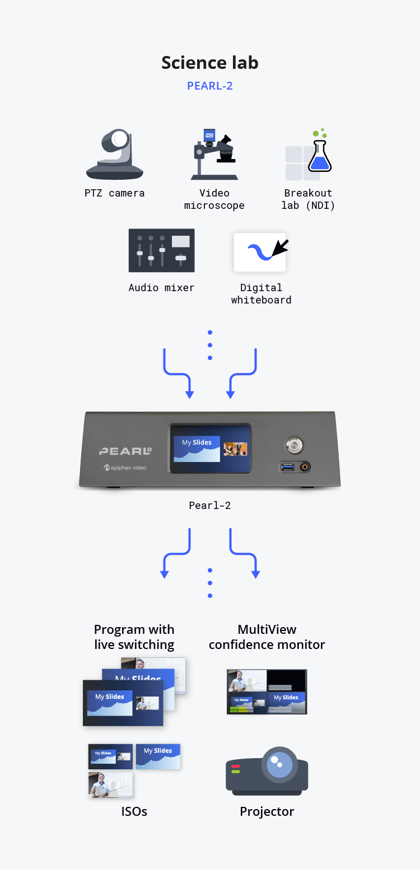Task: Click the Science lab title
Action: tap(210, 62)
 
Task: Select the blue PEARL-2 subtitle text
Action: tap(210, 86)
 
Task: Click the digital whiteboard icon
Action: tap(260, 253)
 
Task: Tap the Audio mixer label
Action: tap(161, 288)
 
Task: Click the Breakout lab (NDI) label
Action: tap(308, 199)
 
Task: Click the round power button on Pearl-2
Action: tap(294, 445)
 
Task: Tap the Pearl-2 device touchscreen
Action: tap(210, 448)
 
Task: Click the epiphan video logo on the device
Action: tap(124, 468)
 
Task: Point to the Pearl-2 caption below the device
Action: tap(210, 506)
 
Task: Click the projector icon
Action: tap(267, 772)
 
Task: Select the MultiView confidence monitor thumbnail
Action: tap(267, 692)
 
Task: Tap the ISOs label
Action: tap(134, 811)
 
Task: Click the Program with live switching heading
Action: tap(134, 637)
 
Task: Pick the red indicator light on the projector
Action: tap(236, 766)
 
